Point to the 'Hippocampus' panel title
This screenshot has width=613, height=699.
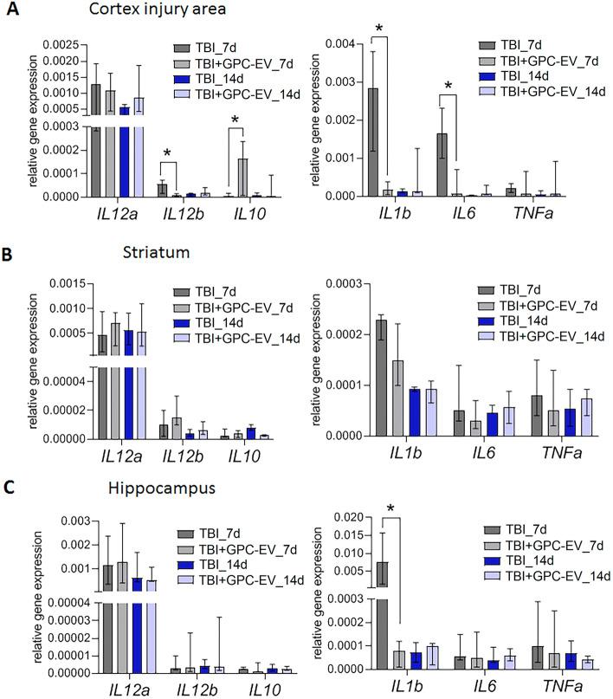[x=110, y=489]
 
